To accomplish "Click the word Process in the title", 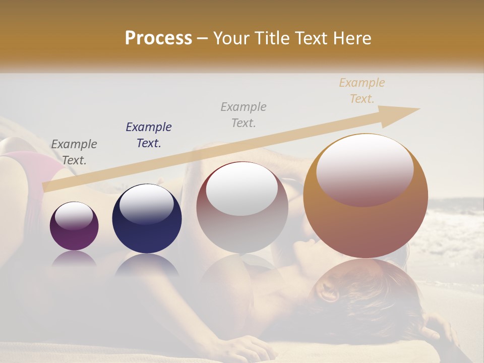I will pos(158,38).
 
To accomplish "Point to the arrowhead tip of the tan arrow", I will pos(419,109).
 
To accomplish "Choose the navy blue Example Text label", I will pos(149,135).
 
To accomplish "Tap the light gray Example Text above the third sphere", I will pos(244,115).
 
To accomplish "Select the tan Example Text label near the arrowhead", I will pos(362,91).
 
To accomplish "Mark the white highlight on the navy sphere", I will pos(147,203).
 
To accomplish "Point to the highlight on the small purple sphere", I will pos(74,216).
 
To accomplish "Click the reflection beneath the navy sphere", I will pos(147,265).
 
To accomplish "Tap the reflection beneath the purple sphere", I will pos(74,259).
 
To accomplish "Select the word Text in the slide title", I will pos(311,38).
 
